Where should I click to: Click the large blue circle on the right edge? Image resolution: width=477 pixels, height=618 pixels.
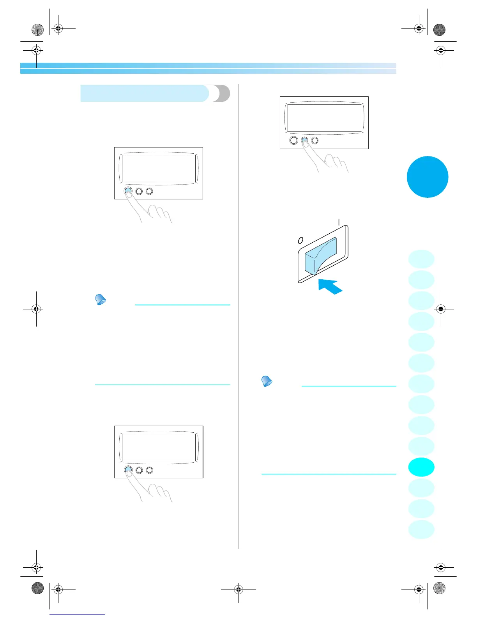(x=427, y=177)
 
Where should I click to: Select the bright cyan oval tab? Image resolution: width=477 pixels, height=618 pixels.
(x=421, y=467)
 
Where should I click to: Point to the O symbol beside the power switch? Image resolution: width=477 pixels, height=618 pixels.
(x=300, y=240)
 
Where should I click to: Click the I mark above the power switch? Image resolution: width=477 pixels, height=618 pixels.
(x=339, y=222)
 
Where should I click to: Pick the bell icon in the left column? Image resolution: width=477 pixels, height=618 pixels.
(x=101, y=300)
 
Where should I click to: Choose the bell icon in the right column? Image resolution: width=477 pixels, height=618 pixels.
(x=267, y=381)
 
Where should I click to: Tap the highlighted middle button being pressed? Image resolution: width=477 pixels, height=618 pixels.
(x=304, y=140)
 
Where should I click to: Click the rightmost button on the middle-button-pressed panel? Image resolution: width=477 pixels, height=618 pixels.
(x=315, y=140)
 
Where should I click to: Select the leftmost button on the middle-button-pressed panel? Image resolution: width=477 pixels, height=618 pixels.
(x=294, y=140)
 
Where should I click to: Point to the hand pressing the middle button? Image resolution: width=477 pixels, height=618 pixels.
(x=329, y=162)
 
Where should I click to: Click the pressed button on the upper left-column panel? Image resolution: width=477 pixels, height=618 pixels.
(x=128, y=191)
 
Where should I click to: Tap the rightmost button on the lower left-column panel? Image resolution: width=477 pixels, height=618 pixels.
(x=149, y=470)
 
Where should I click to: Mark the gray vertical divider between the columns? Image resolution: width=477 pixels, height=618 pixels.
(x=238, y=316)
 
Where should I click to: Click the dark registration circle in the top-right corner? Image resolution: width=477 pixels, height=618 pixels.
(x=439, y=30)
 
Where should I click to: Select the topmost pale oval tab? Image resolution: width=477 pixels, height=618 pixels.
(x=421, y=259)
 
